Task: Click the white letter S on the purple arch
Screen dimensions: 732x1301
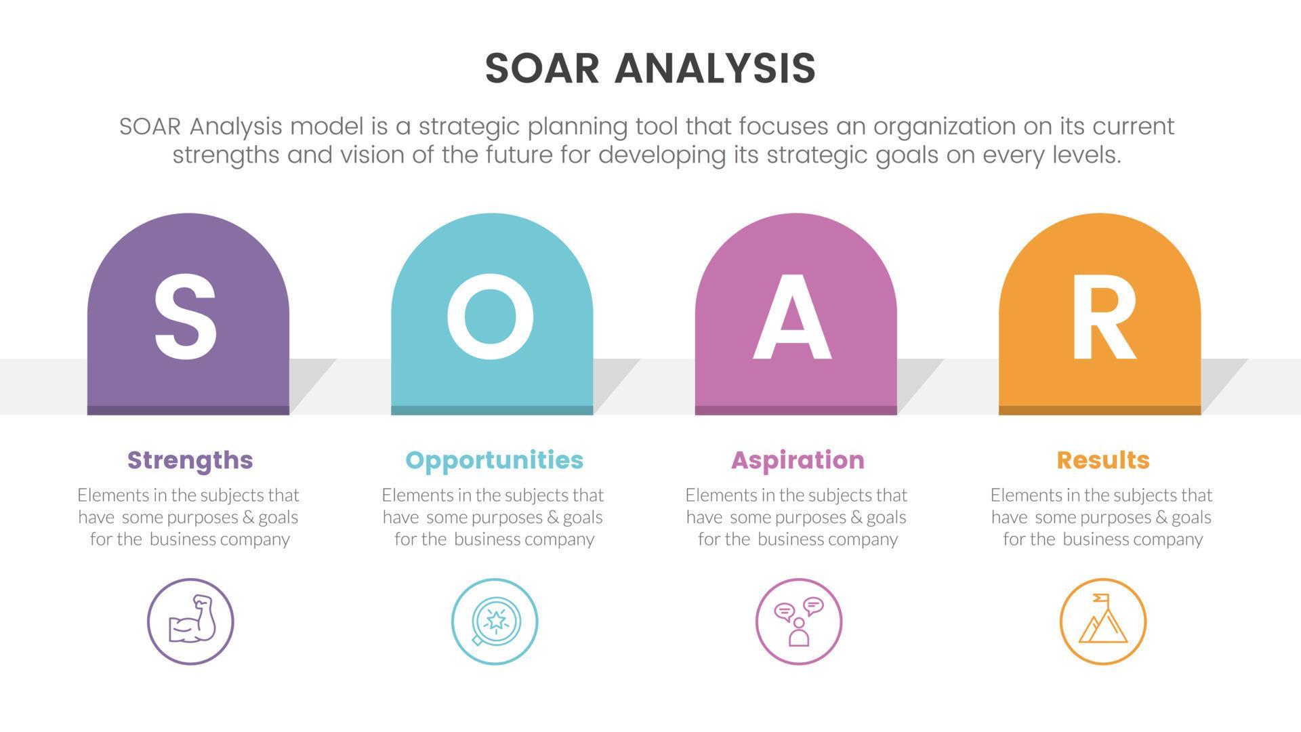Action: [x=186, y=317]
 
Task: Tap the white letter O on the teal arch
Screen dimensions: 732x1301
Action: [x=490, y=317]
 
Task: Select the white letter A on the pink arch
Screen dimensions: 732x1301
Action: [x=792, y=317]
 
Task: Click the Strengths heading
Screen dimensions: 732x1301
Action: [x=190, y=460]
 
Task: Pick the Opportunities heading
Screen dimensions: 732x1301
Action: [x=494, y=460]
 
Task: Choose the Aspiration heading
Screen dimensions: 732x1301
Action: [x=798, y=460]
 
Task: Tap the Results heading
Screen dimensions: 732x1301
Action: [x=1102, y=460]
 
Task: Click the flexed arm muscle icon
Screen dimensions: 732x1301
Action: [x=191, y=620]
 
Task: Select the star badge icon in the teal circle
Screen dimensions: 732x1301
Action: [x=495, y=621]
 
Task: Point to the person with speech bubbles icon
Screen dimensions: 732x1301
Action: [x=799, y=621]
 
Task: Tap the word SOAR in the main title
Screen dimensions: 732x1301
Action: [x=542, y=68]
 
